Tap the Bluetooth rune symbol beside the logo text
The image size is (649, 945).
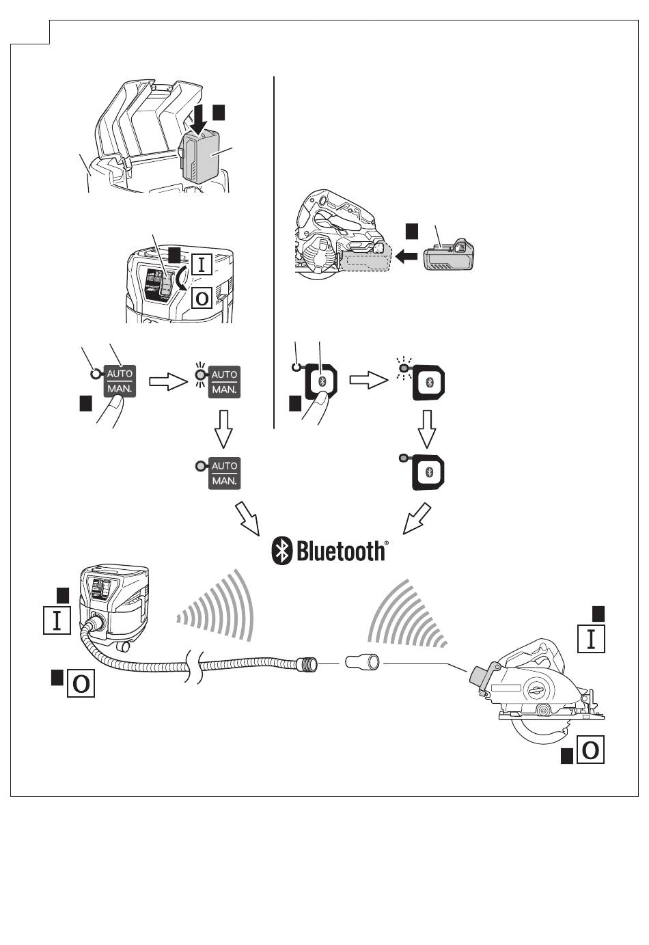pyautogui.click(x=282, y=551)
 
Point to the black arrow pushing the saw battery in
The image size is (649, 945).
pyautogui.click(x=407, y=258)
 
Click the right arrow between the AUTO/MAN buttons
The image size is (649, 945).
pyautogui.click(x=167, y=381)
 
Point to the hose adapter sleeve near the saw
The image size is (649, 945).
pyautogui.click(x=363, y=662)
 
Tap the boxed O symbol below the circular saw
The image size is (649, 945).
pyautogui.click(x=590, y=751)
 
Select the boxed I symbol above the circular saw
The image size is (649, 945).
pyautogui.click(x=591, y=639)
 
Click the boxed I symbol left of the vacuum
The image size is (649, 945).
pyautogui.click(x=57, y=620)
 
